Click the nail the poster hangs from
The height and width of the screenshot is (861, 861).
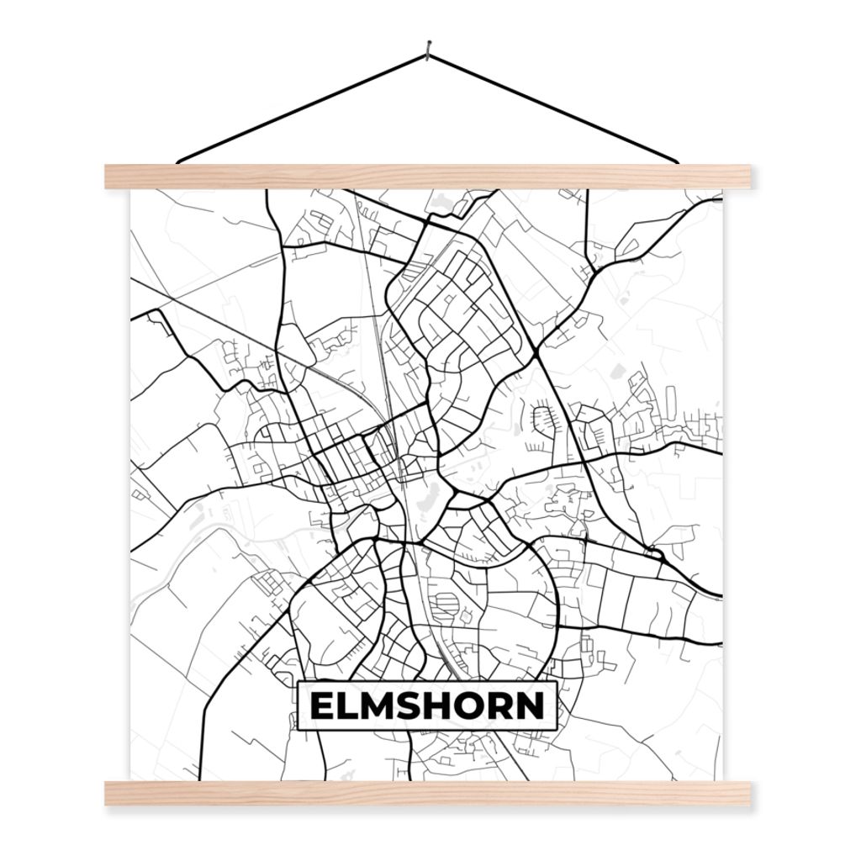tap(429, 49)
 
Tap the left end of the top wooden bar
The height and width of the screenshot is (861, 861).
tap(110, 176)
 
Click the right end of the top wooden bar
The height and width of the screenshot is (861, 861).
tap(746, 176)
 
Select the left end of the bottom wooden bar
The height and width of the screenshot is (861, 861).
tap(110, 793)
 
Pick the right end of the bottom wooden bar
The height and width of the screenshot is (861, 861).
tap(746, 793)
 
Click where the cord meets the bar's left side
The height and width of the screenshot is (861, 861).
tap(180, 161)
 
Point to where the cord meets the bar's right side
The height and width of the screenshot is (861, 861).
tap(675, 161)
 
